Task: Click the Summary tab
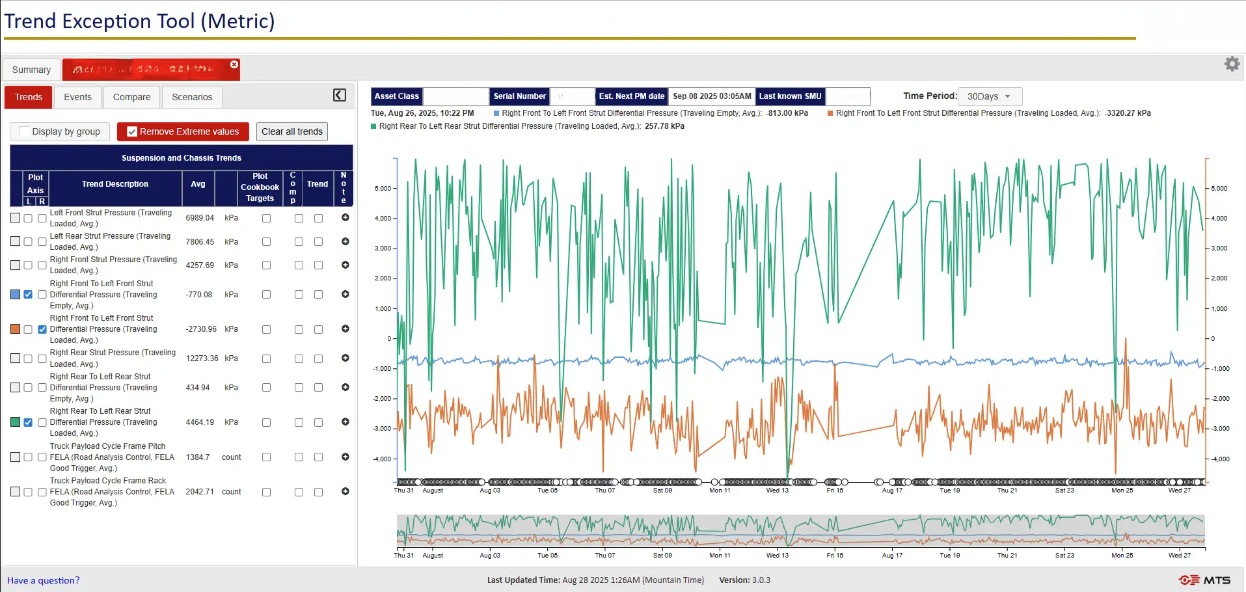pos(31,70)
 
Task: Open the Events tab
pos(77,97)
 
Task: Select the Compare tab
pos(131,97)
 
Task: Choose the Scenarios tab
pos(192,97)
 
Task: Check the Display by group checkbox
pos(25,131)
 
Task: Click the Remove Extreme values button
pos(183,131)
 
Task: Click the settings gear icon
pos(1232,64)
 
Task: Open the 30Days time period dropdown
pos(989,96)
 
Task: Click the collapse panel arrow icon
pos(340,95)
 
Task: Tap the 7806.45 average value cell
pos(200,241)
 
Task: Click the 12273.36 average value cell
pos(202,358)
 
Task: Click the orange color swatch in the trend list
pos(15,329)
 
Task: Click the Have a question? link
pos(44,580)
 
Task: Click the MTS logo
pos(1204,580)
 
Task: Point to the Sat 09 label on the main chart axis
pos(662,491)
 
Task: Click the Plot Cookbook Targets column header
pos(260,187)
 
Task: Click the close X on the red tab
pos(234,64)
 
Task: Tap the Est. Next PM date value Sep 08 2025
pos(712,96)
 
